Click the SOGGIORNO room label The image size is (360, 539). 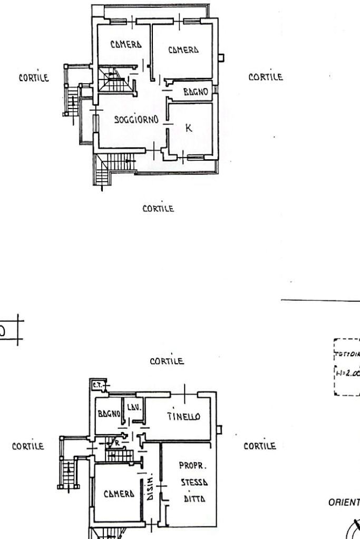pos(137,120)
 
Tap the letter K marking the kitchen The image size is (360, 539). pos(188,128)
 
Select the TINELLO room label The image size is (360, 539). pos(183,417)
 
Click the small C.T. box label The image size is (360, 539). pos(96,385)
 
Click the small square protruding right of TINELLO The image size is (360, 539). pos(220,430)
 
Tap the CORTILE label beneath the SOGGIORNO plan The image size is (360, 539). pos(158,209)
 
